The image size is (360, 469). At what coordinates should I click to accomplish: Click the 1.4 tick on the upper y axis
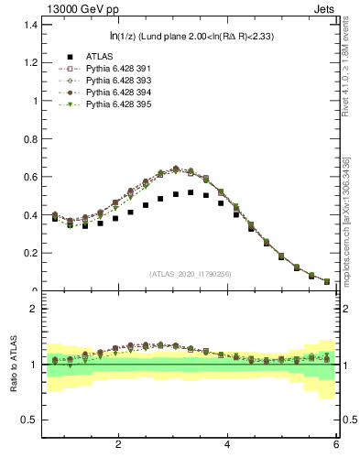tap(30, 25)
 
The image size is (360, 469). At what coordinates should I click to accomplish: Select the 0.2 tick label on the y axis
tap(30, 253)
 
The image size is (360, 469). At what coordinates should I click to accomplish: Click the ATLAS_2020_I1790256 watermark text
tap(190, 274)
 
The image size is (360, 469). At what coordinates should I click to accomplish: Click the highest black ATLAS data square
tap(191, 192)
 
